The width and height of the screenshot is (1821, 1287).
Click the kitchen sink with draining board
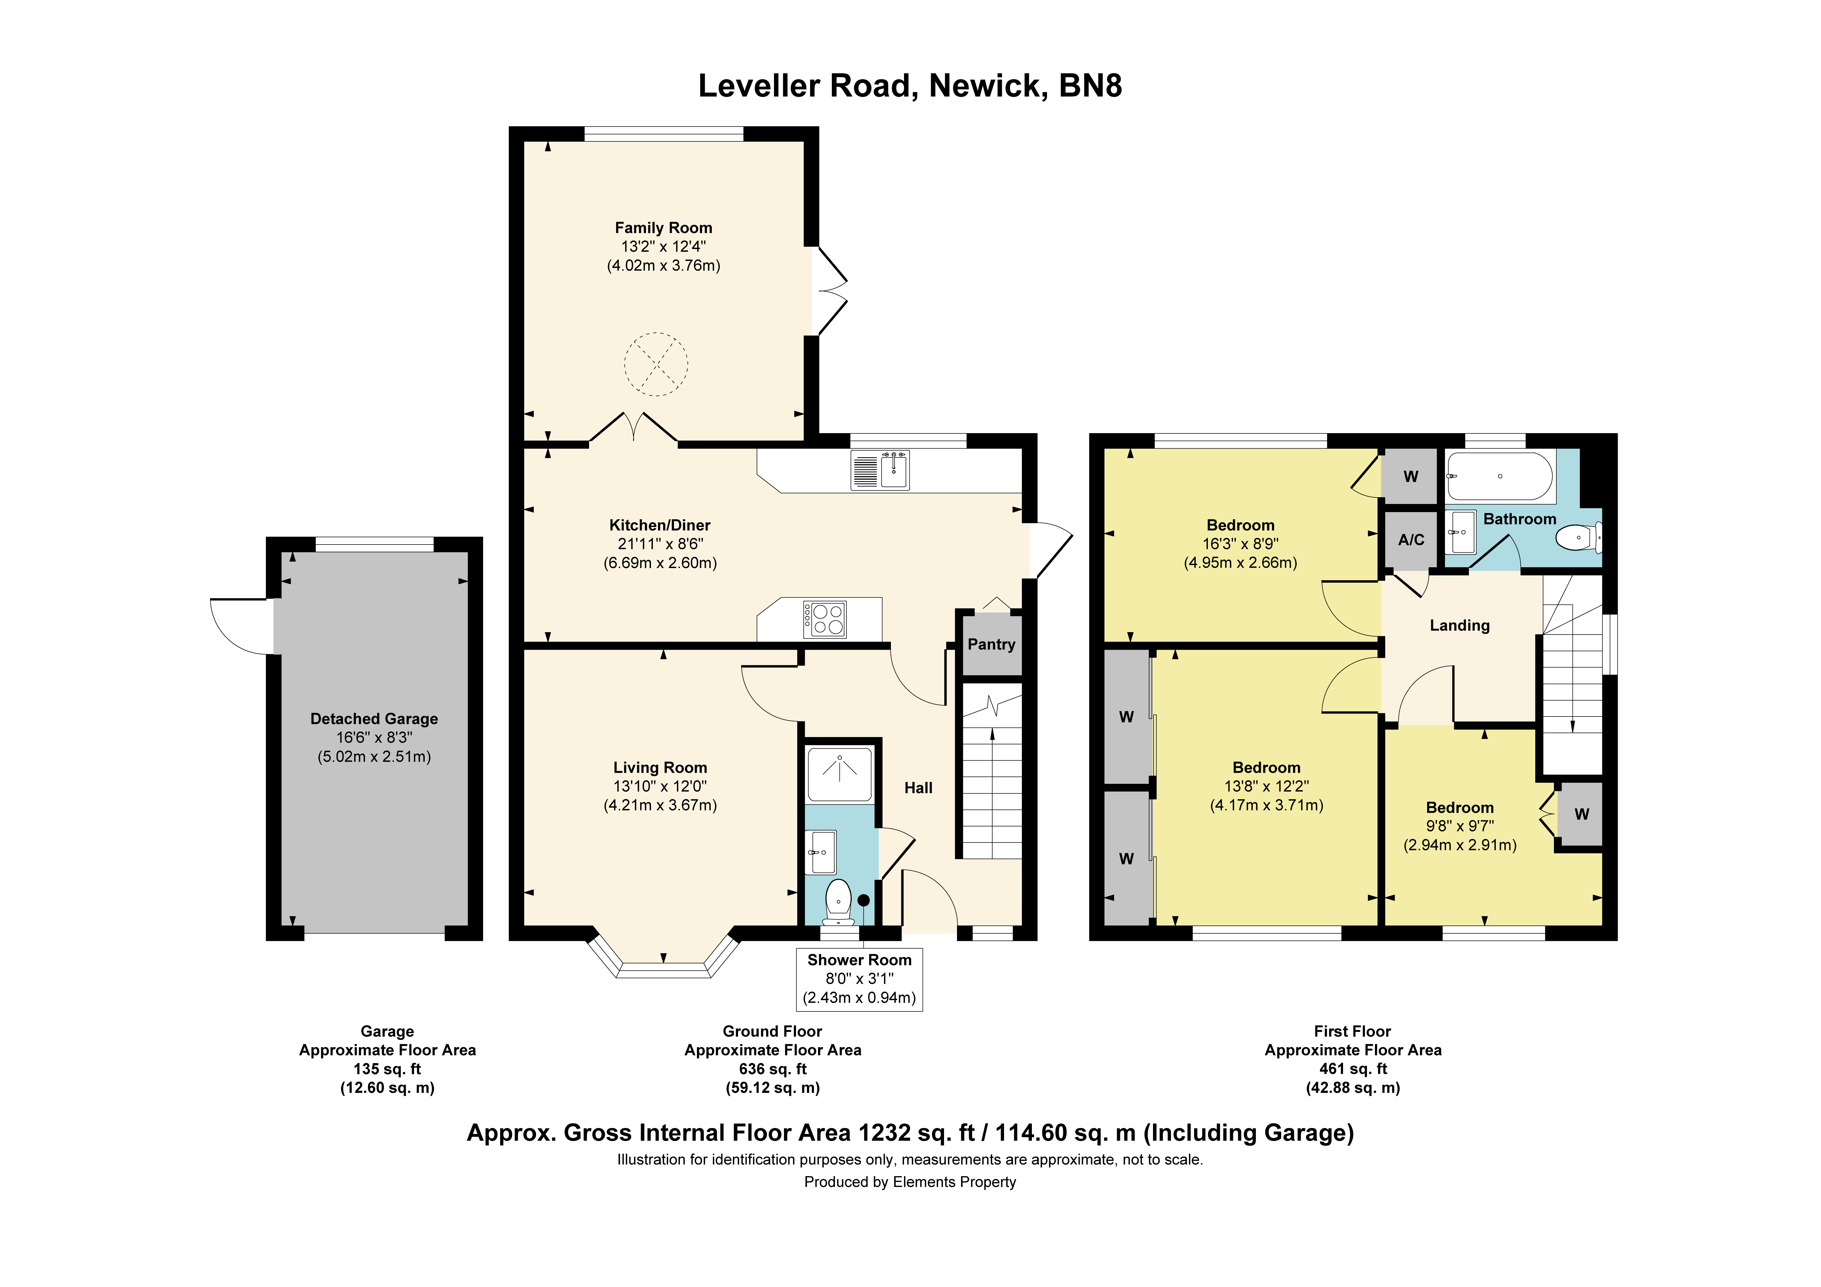pyautogui.click(x=880, y=470)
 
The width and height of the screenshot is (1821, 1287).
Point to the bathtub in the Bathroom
pyautogui.click(x=1500, y=476)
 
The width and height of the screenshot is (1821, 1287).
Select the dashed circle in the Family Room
pyautogui.click(x=656, y=364)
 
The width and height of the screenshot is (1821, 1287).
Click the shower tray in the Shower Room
pyautogui.click(x=839, y=774)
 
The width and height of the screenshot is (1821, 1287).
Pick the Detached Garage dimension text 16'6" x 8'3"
pyautogui.click(x=374, y=737)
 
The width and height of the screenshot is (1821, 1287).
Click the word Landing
pyautogui.click(x=1459, y=625)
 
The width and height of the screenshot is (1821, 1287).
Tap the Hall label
pyautogui.click(x=918, y=788)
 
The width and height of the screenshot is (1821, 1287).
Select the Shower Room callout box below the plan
pyautogui.click(x=859, y=979)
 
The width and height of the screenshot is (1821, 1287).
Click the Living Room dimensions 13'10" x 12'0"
pyautogui.click(x=660, y=786)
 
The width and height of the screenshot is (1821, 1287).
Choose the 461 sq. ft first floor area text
pyautogui.click(x=1353, y=1069)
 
